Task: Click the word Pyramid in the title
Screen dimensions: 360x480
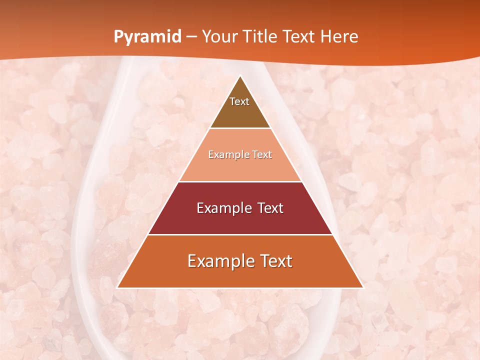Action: tap(147, 37)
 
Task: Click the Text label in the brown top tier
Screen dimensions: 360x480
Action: tap(239, 102)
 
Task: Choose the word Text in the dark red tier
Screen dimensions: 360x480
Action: tap(270, 208)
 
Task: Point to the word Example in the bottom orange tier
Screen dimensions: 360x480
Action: tap(219, 261)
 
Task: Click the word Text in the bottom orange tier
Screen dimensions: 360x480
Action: tap(275, 261)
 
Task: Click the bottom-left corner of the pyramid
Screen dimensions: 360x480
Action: tap(117, 287)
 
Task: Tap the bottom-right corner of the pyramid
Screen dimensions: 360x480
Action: tap(363, 287)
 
